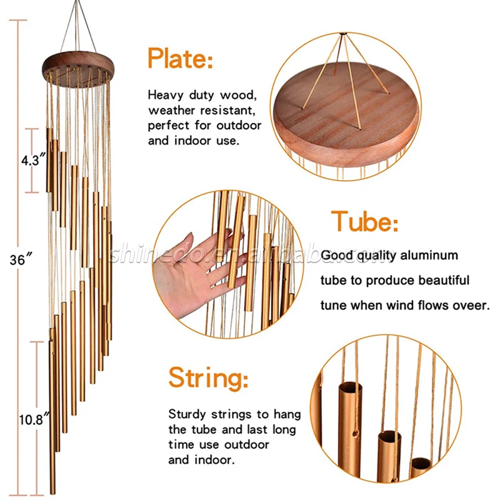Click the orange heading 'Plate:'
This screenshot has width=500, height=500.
pos(180,58)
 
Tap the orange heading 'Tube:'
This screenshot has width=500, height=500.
pos(365,221)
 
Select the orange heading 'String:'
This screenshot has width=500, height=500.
pos(208,378)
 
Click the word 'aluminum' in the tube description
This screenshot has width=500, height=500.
pos(429,256)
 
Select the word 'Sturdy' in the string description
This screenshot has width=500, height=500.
pos(187,414)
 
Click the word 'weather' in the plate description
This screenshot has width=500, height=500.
pos(171,111)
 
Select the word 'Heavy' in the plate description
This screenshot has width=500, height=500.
pos(166,96)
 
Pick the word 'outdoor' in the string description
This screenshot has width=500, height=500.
pos(246,445)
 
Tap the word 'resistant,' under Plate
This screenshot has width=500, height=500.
pos(227,111)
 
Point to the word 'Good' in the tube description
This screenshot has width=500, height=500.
pos(337,256)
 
